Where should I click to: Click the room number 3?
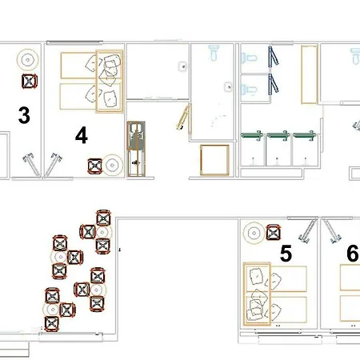(24, 115)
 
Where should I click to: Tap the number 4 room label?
(81, 135)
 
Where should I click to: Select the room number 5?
(285, 254)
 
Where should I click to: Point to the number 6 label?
(352, 254)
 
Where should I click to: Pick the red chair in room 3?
(30, 80)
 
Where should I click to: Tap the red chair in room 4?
(94, 166)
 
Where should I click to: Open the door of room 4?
(56, 165)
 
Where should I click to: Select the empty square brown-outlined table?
(213, 162)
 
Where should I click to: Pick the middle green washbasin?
(278, 138)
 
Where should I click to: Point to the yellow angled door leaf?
(183, 117)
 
